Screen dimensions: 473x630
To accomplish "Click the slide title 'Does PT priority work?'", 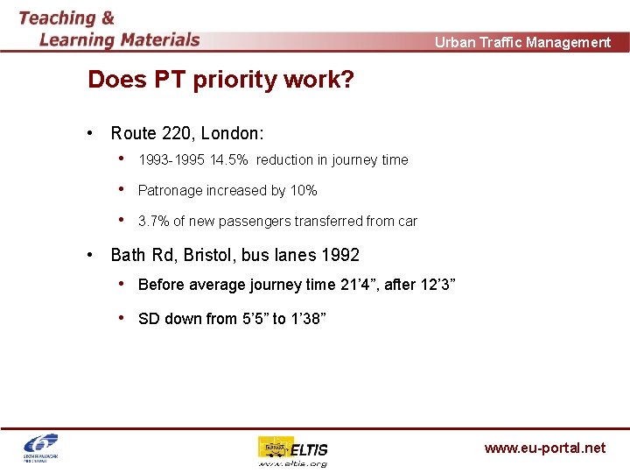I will pyautogui.click(x=220, y=80).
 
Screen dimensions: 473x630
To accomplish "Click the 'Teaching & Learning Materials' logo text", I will pyautogui.click(x=109, y=28).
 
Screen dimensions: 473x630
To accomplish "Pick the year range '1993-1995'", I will pyautogui.click(x=172, y=159).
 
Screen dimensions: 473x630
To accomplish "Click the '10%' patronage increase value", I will pyautogui.click(x=303, y=190).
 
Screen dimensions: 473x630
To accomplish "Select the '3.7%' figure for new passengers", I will pyautogui.click(x=154, y=221).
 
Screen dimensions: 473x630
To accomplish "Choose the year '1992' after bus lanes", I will pyautogui.click(x=339, y=255).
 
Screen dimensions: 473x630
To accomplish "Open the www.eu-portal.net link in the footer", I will pyautogui.click(x=544, y=448).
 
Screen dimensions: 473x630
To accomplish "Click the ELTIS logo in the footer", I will pyautogui.click(x=293, y=450).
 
